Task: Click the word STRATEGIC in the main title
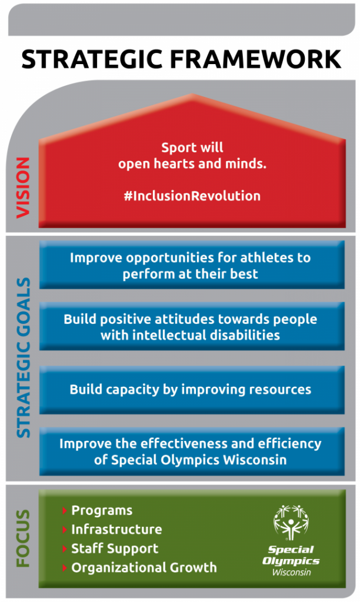tap(92, 59)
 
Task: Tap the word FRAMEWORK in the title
tap(255, 59)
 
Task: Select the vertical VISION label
tap(23, 188)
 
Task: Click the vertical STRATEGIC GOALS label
tap(24, 357)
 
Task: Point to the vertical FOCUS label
tap(23, 539)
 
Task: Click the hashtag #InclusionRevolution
tap(192, 196)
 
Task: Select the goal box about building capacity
tap(192, 390)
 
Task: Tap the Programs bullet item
tap(102, 511)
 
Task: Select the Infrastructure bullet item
tap(116, 530)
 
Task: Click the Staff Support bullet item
tap(115, 549)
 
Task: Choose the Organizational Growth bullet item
tap(144, 567)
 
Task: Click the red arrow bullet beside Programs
tap(65, 511)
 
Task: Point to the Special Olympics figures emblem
tap(291, 523)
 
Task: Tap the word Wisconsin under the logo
tap(292, 572)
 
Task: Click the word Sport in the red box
tap(175, 148)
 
